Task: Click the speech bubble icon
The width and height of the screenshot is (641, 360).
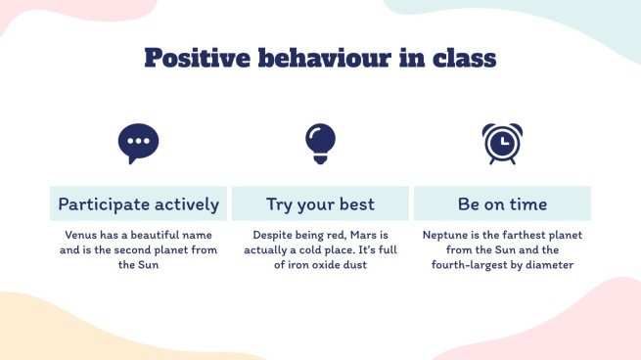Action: click(138, 144)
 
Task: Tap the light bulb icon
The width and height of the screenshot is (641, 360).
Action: click(320, 144)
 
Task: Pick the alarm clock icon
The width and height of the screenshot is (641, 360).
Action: click(502, 144)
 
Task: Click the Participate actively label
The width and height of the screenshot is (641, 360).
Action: click(138, 204)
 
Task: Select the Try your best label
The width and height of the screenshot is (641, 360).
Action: click(320, 204)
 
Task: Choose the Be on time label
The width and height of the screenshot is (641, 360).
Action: click(502, 204)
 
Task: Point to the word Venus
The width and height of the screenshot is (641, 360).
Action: click(83, 236)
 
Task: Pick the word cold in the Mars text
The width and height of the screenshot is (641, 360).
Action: click(318, 250)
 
